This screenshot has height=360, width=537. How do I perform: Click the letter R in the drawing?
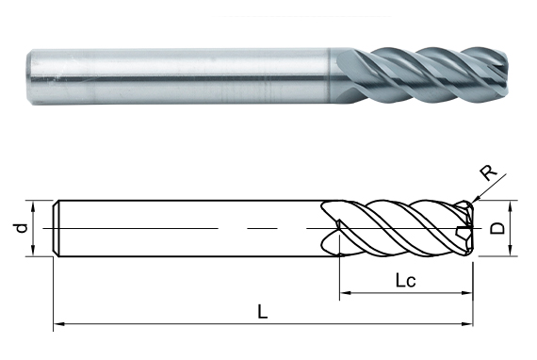tap(488, 172)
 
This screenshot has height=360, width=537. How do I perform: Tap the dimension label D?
tap(497, 228)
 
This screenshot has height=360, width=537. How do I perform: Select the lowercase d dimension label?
tap(22, 228)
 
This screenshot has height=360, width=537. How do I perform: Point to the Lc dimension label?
tap(406, 281)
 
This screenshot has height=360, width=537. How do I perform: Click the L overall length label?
tap(262, 312)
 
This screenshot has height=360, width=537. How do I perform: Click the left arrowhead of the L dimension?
tap(59, 323)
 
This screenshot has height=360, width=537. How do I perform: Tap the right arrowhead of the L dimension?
tap(467, 323)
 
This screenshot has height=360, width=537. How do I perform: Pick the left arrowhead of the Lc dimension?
tap(346, 293)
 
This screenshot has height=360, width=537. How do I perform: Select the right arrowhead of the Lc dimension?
tap(467, 293)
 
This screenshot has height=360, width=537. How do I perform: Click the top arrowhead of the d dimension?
tap(33, 206)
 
